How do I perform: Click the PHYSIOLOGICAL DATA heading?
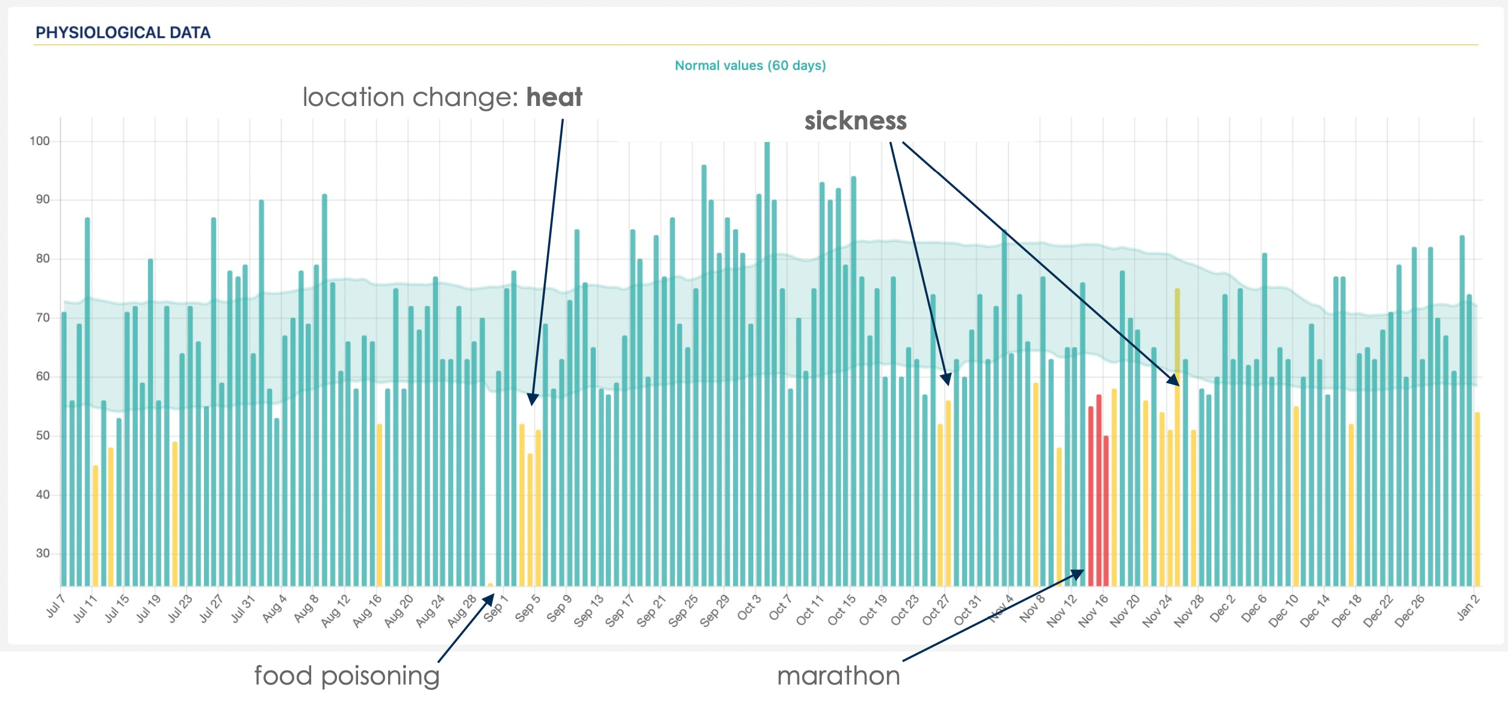(123, 33)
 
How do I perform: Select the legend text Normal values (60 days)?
(750, 66)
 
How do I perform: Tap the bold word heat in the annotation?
(554, 98)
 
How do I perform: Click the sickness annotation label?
(855, 121)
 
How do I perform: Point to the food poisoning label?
(347, 676)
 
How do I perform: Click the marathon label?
(838, 676)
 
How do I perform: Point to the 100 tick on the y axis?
(40, 141)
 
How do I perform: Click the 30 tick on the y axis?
(43, 553)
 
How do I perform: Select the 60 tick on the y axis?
(43, 376)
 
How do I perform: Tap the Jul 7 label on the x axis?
(55, 607)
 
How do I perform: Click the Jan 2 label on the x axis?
(1468, 607)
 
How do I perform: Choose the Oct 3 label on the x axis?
(749, 608)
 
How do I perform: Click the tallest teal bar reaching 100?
(767, 361)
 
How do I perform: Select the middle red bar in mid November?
(1099, 491)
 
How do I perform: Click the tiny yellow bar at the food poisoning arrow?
(490, 585)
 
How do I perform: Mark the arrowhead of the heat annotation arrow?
(532, 399)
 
